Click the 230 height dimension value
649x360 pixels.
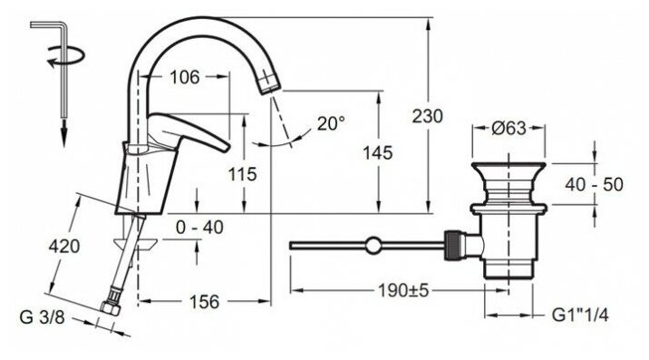427,116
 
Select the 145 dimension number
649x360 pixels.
377,153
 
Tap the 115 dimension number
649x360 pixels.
243,174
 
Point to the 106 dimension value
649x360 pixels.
185,77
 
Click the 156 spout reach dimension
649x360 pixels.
204,302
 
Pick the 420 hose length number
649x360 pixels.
64,247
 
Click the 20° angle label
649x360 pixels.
331,123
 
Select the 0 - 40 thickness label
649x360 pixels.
199,227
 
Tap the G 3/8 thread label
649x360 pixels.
43,317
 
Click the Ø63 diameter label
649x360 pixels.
509,128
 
